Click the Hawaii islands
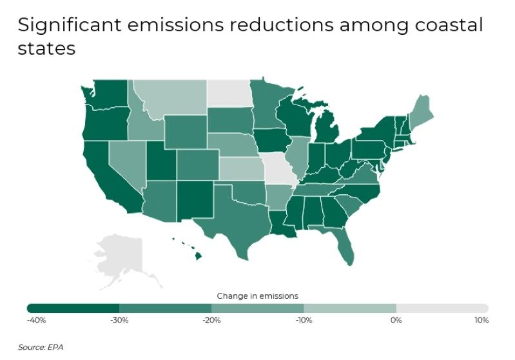click(x=198, y=255)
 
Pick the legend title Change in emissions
click(x=257, y=296)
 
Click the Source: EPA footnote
click(x=41, y=347)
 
